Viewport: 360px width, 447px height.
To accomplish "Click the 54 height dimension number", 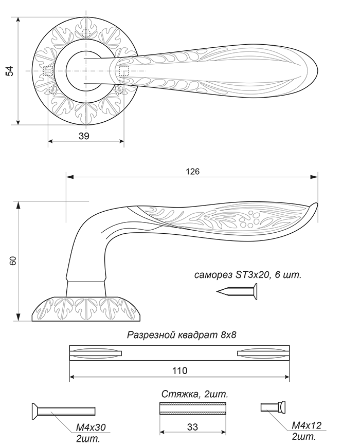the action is [10, 71].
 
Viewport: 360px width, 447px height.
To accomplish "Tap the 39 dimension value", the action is [84, 136].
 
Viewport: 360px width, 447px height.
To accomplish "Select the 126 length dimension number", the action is [193, 171].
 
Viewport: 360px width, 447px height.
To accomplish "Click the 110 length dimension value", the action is [180, 370].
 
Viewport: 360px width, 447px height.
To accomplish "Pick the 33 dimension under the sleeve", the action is [192, 427].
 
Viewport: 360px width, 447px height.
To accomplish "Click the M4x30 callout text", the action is [91, 427].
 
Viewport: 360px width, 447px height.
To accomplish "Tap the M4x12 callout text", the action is [307, 425].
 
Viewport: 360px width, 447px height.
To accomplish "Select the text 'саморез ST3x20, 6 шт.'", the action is [247, 275].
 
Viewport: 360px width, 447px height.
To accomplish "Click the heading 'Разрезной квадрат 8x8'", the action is [182, 334].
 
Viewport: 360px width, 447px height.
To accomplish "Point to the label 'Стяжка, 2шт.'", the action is [195, 394].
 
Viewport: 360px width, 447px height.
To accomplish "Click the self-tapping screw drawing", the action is [237, 291].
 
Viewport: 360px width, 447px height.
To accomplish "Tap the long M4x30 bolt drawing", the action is [63, 411].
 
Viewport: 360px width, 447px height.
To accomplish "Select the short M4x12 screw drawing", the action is [273, 406].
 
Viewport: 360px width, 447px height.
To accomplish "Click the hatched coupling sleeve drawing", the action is [192, 408].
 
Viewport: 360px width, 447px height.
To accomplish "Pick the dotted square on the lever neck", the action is [124, 71].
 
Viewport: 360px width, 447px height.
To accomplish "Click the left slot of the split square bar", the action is [96, 353].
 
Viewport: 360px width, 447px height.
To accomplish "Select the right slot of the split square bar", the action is [263, 353].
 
